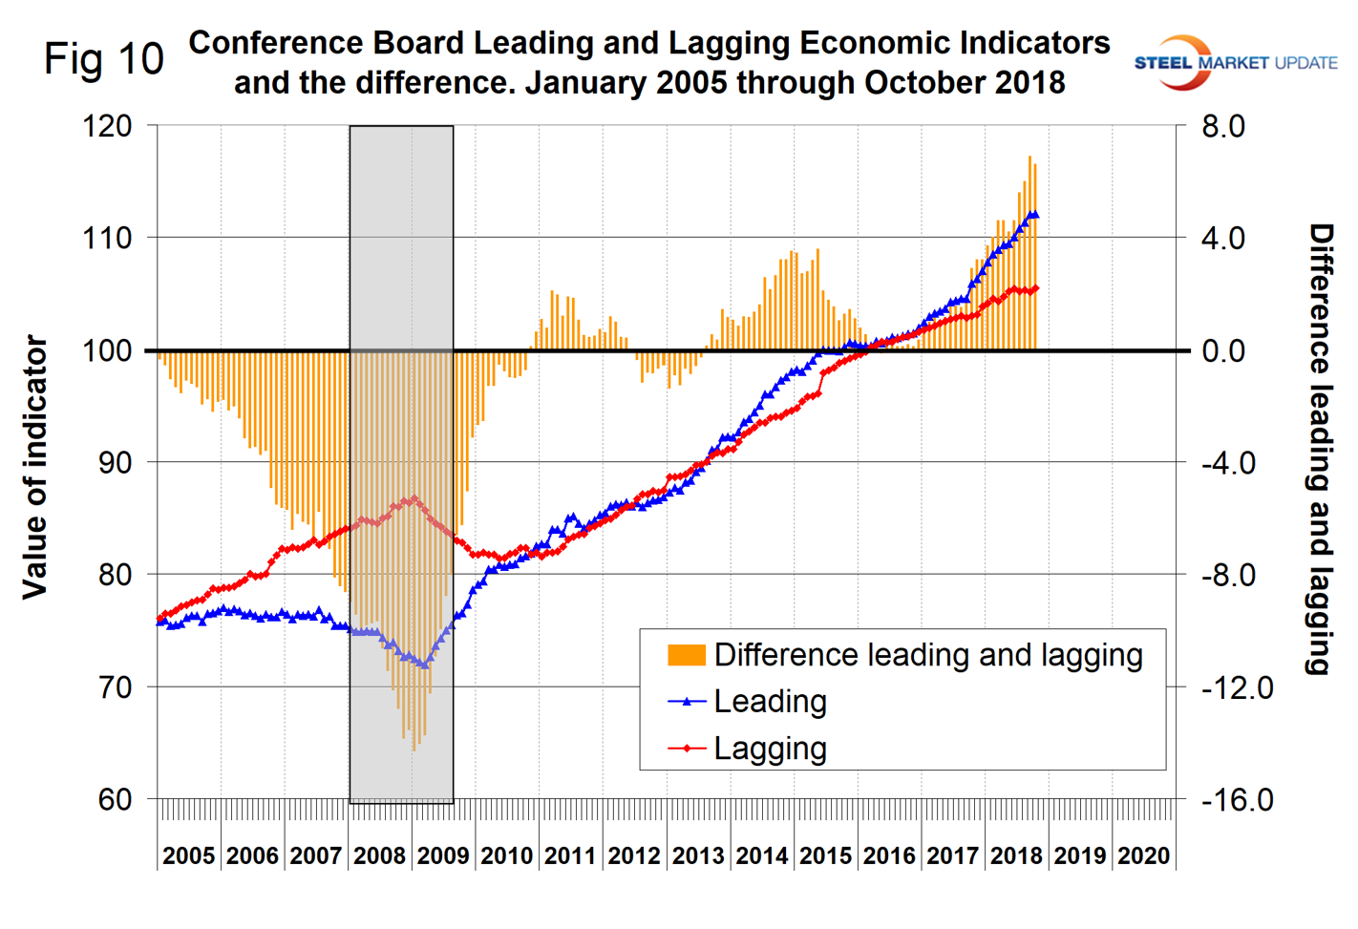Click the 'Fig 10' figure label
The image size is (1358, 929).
pyautogui.click(x=104, y=59)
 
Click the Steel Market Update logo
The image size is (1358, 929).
pyautogui.click(x=1235, y=63)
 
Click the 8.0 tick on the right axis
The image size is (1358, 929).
pyautogui.click(x=1223, y=125)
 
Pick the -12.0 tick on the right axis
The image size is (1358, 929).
pyautogui.click(x=1237, y=686)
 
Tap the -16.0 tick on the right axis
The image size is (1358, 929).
pyautogui.click(x=1237, y=799)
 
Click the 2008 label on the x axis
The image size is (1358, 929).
pyautogui.click(x=379, y=855)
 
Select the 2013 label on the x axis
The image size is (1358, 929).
pyautogui.click(x=698, y=855)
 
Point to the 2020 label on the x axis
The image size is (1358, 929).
pyautogui.click(x=1143, y=855)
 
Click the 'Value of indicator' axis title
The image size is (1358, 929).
pyautogui.click(x=35, y=467)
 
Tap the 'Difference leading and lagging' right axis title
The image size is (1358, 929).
pyautogui.click(x=1321, y=449)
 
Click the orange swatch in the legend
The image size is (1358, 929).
pyautogui.click(x=687, y=655)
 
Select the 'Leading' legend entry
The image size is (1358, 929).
pyautogui.click(x=770, y=702)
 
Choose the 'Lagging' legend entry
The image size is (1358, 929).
pyautogui.click(x=770, y=749)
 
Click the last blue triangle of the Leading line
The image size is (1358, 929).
pyautogui.click(x=1034, y=215)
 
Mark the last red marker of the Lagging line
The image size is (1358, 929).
pyautogui.click(x=1035, y=288)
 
